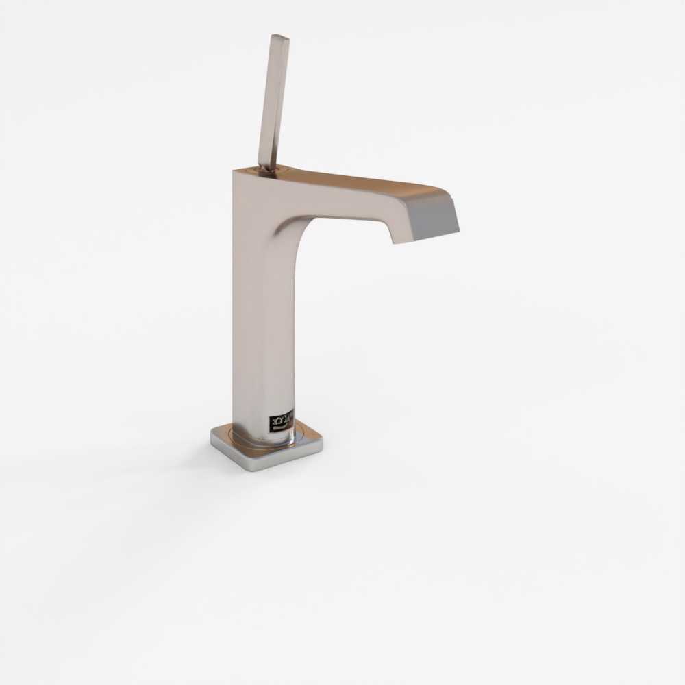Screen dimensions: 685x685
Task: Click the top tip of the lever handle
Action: coord(280,36)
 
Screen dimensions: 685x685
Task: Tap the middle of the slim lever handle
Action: coord(273,103)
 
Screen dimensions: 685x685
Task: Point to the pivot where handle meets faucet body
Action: coord(266,168)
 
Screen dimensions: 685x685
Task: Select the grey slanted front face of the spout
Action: coord(433,218)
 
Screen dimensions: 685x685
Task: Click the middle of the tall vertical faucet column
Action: coord(263,308)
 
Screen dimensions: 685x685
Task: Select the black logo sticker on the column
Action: coord(281,421)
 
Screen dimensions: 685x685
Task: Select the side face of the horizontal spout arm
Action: coord(342,203)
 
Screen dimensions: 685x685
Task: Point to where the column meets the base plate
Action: coord(264,438)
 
